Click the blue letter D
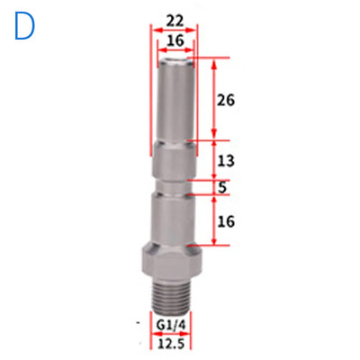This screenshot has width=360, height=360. (x=25, y=26)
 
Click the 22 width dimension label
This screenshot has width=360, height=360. (x=175, y=22)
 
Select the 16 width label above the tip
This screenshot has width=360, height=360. (x=175, y=40)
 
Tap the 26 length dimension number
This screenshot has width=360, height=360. (x=226, y=100)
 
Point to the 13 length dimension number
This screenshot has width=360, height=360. (x=226, y=161)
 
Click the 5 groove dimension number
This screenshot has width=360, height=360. (x=222, y=187)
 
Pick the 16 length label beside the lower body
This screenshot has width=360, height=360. (x=226, y=221)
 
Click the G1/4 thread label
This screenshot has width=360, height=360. (x=170, y=325)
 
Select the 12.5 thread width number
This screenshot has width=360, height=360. (x=171, y=344)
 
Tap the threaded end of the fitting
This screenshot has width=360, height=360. (x=171, y=296)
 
